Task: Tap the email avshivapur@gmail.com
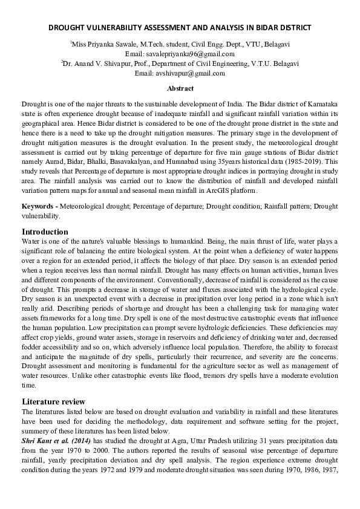[x=180, y=73]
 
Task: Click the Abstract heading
[x=180, y=88]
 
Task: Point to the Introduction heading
[x=45, y=232]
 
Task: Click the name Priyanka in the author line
[x=104, y=44]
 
